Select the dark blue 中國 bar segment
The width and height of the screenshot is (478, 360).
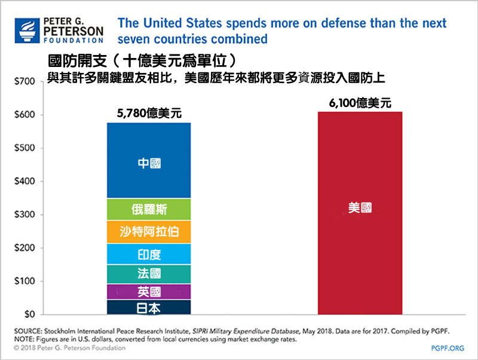pos(149,160)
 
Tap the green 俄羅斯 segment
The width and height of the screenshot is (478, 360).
pos(149,209)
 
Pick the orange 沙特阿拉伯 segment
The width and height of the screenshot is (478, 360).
pos(149,231)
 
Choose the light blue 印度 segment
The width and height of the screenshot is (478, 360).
pos(149,254)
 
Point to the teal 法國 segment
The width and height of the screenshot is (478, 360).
pos(149,274)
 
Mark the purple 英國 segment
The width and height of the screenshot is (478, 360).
pos(149,292)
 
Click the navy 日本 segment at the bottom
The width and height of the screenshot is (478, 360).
pos(149,307)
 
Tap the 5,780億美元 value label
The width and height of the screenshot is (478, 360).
pos(149,111)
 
